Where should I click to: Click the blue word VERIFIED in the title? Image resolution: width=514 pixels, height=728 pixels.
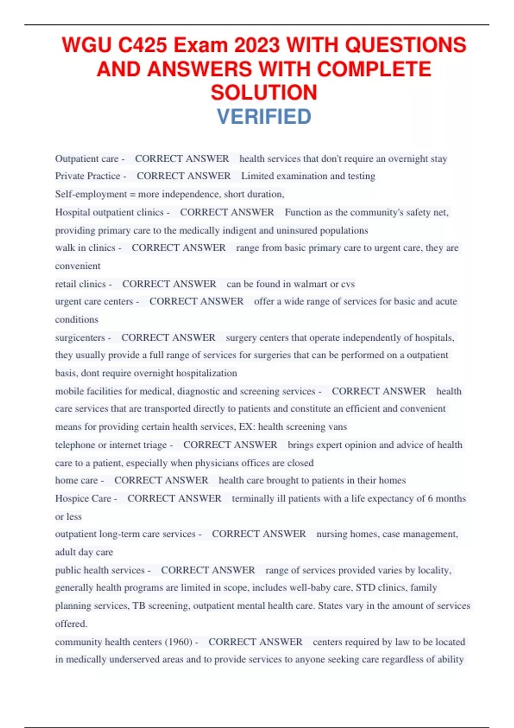coord(264,116)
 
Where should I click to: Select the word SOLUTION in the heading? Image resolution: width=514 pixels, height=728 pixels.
coord(264,92)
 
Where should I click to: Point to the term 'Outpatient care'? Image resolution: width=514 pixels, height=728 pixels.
coord(87,159)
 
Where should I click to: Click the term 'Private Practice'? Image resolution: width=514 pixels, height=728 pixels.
coord(87,176)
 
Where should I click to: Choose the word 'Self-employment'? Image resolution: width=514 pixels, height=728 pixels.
coord(91,194)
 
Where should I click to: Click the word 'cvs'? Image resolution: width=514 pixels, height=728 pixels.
coord(348,284)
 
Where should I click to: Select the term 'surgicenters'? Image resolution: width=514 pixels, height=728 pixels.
coord(80,337)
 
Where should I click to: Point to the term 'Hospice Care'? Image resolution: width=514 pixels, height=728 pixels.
coord(83,498)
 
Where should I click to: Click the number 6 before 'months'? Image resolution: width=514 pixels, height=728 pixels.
coord(430,498)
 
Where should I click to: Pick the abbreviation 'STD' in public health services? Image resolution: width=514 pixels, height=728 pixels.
coord(365,588)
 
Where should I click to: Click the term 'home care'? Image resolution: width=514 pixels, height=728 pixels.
coord(76,480)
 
